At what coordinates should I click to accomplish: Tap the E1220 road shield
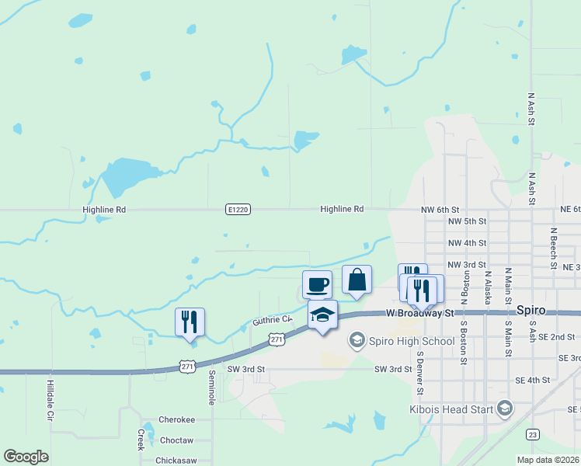click(x=238, y=210)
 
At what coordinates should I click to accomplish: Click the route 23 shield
click(x=532, y=434)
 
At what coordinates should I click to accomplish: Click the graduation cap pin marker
click(x=322, y=315)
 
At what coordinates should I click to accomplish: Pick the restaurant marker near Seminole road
click(x=190, y=322)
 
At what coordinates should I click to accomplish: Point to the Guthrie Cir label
click(x=272, y=320)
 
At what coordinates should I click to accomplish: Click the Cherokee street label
click(x=176, y=419)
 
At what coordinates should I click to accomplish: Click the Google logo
click(x=26, y=456)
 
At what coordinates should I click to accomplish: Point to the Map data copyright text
click(x=548, y=460)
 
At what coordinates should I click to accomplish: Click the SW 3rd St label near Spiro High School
click(x=393, y=369)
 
